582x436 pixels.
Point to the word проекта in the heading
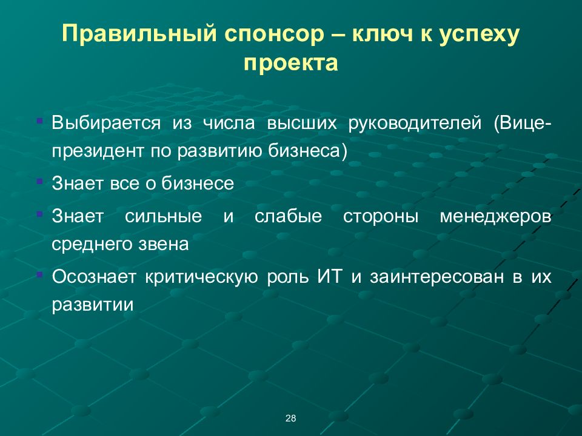click(290, 63)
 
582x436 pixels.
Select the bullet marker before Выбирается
click(39, 122)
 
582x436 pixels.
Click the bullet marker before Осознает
click(39, 275)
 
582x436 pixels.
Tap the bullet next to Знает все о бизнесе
click(39, 181)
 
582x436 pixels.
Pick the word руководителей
click(415, 124)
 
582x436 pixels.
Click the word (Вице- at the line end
click(523, 124)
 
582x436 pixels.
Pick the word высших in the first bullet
click(304, 124)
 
